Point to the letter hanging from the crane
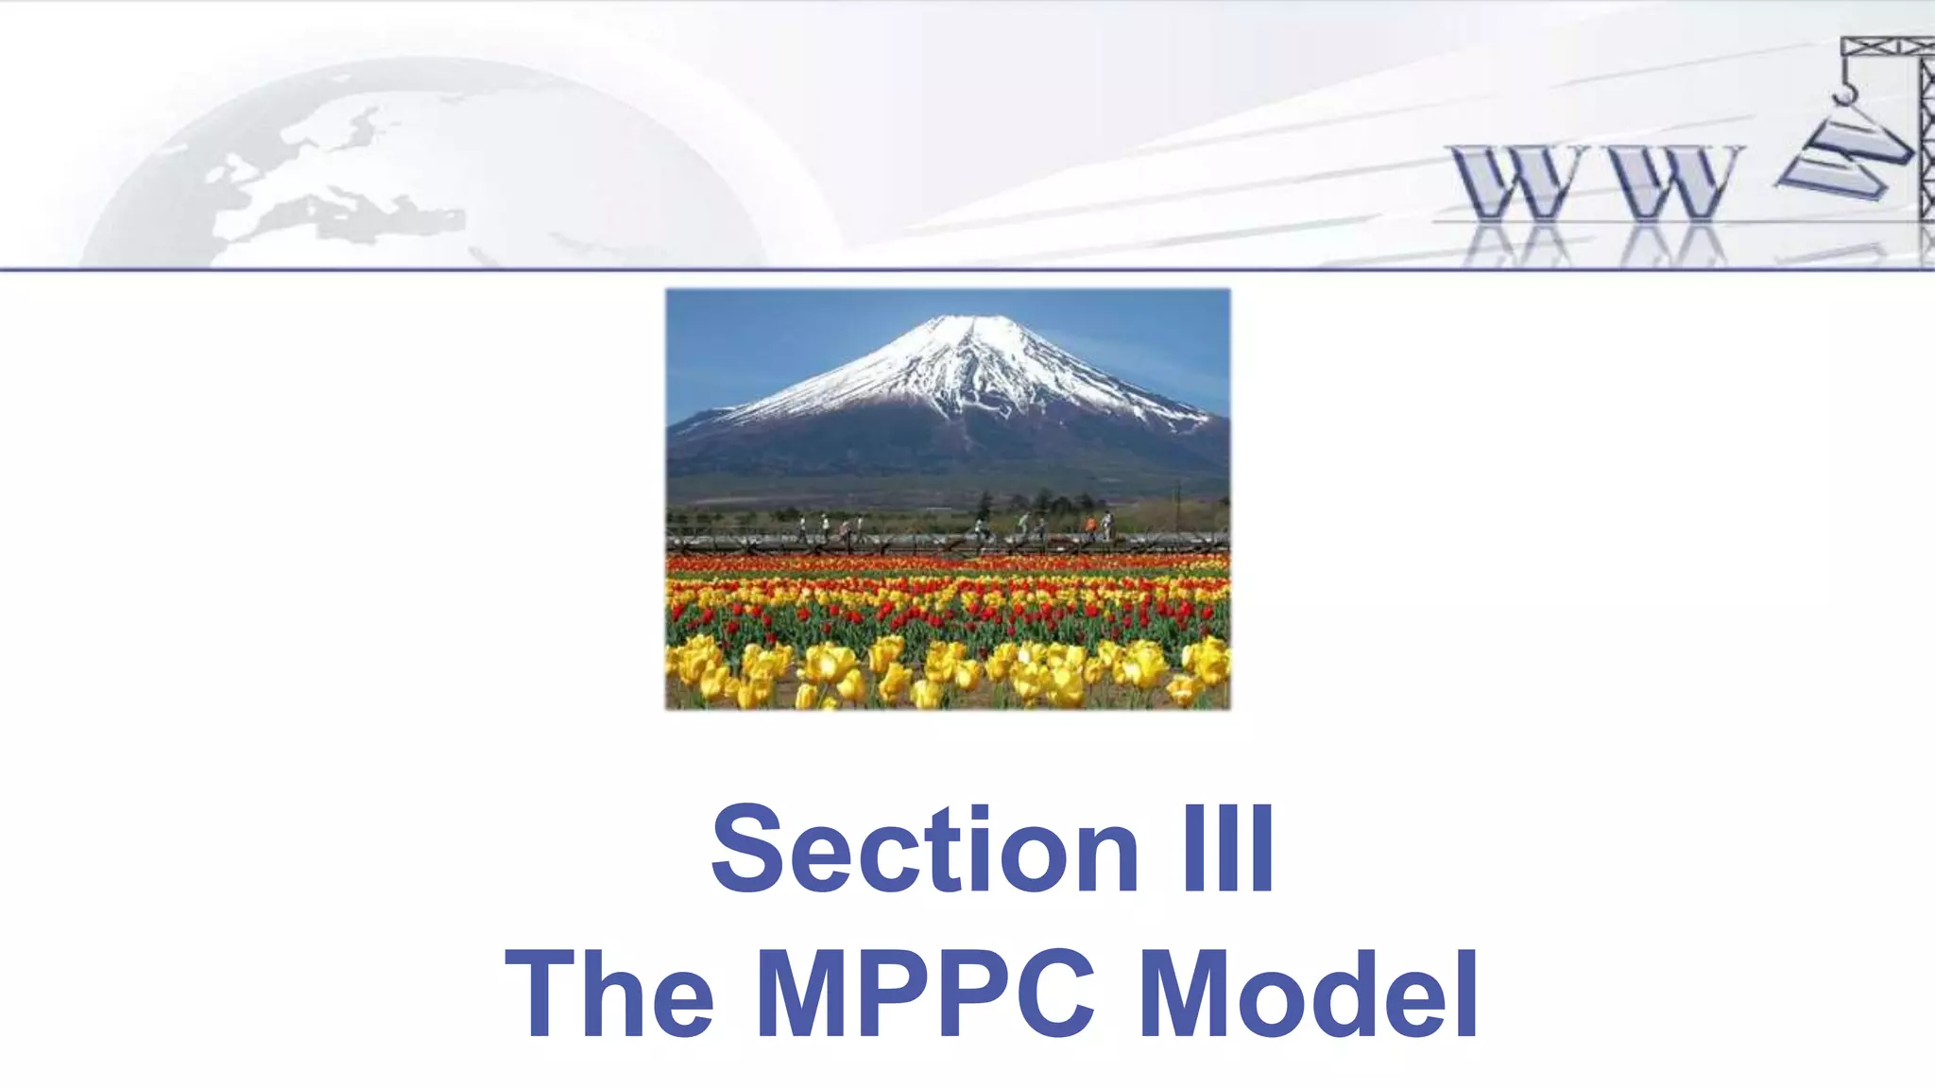[1843, 156]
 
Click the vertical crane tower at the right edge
[1926, 142]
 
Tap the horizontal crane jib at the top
[1885, 46]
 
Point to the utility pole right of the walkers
[1178, 506]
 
